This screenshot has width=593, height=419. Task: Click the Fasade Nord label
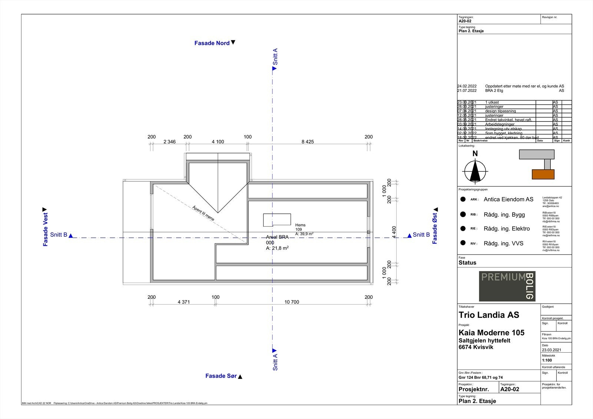click(x=212, y=43)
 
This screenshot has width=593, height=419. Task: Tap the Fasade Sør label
click(x=221, y=376)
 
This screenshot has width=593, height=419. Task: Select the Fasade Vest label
click(x=45, y=229)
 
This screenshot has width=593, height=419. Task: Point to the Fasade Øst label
click(x=435, y=228)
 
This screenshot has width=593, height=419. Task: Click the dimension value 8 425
click(x=308, y=142)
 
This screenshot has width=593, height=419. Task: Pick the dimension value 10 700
click(x=292, y=302)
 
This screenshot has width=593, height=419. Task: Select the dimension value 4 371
click(x=183, y=302)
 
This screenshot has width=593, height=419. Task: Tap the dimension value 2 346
click(x=169, y=142)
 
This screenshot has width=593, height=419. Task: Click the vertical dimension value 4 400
click(x=394, y=232)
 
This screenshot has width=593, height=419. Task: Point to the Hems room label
click(x=300, y=225)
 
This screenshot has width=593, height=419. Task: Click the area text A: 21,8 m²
click(x=277, y=248)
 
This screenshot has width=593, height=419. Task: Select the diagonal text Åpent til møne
click(x=203, y=213)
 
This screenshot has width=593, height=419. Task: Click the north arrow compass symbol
click(x=475, y=171)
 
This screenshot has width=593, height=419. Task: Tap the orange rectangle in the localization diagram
click(x=543, y=174)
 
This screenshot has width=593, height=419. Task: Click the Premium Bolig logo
click(x=507, y=286)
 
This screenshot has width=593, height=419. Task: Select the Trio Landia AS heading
click(x=489, y=315)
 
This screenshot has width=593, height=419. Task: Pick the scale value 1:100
click(x=547, y=360)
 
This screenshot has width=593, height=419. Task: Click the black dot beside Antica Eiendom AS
click(x=463, y=199)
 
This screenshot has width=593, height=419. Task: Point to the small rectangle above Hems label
click(x=277, y=220)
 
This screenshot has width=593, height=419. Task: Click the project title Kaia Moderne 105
click(x=491, y=333)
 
